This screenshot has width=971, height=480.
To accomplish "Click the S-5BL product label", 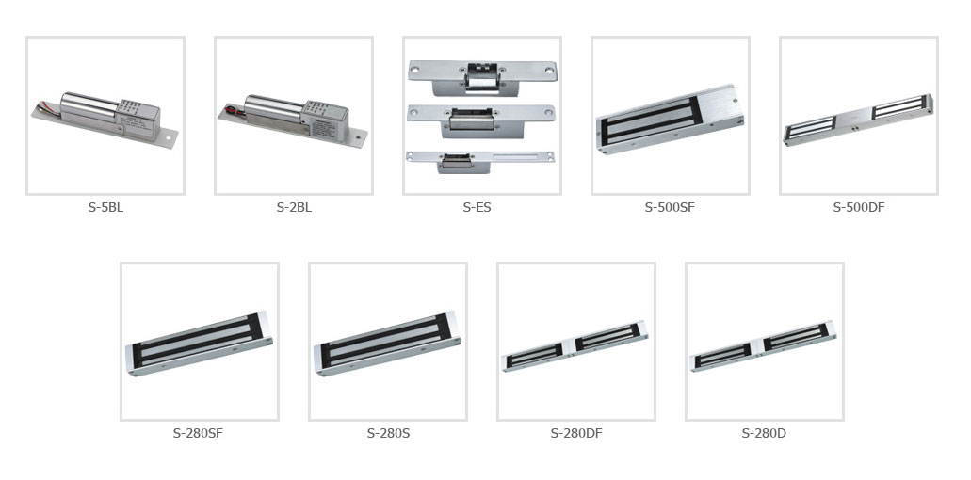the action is [x=105, y=207].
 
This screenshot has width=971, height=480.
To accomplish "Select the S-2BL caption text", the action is [x=294, y=207].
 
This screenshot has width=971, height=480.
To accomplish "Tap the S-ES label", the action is [x=477, y=207].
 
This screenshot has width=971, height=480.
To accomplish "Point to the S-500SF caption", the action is [x=670, y=207].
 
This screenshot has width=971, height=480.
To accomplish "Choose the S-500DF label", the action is [x=859, y=207].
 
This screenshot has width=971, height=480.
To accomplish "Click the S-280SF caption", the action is [x=198, y=433].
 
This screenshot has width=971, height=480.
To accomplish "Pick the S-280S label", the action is [x=388, y=433].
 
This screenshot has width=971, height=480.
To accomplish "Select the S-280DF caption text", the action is [x=575, y=433].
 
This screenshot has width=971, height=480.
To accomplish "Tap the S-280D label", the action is [x=764, y=433].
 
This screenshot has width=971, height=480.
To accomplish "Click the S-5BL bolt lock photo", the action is [x=105, y=119].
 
